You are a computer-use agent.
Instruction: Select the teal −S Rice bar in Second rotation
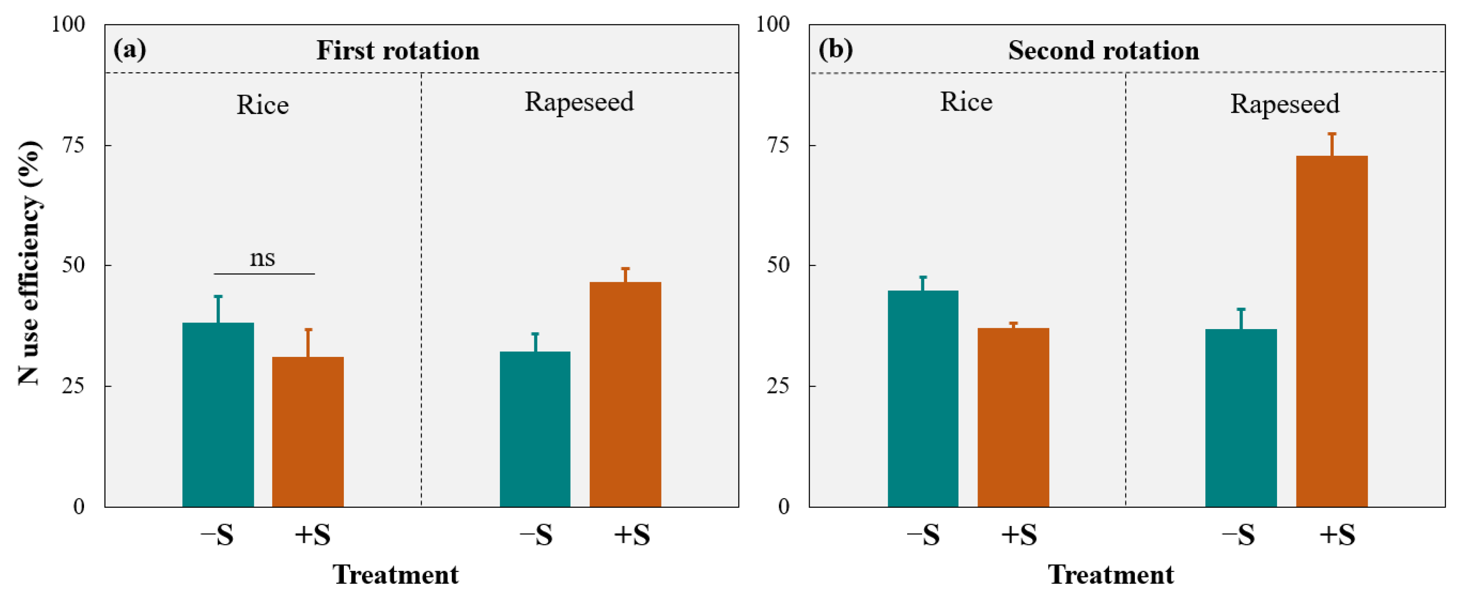(x=922, y=398)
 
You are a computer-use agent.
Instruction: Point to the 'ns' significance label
(x=262, y=259)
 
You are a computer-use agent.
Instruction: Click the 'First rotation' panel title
(x=398, y=50)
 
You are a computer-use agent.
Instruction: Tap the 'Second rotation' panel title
(x=1103, y=50)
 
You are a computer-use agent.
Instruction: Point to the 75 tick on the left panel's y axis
(x=73, y=145)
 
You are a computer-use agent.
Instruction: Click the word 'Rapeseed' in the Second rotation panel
(x=1284, y=104)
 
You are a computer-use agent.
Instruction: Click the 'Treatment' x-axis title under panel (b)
(x=1111, y=574)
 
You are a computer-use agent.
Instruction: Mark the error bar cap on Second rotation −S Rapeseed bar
(x=1241, y=309)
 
